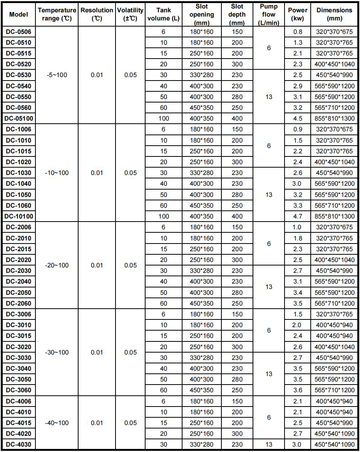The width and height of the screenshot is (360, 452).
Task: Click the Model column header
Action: (x=19, y=15)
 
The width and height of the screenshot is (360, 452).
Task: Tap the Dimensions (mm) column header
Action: (x=334, y=15)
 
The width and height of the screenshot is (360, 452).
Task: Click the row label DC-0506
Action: (x=19, y=32)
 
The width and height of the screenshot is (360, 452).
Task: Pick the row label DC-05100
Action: (x=19, y=118)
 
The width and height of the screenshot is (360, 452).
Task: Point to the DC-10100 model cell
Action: (x=19, y=216)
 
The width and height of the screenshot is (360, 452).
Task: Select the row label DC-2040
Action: (x=19, y=282)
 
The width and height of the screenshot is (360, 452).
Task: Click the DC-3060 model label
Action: (x=19, y=390)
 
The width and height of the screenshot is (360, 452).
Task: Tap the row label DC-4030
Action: (x=19, y=445)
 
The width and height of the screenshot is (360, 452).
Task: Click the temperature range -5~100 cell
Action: (x=57, y=75)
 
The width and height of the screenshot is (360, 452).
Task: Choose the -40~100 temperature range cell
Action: (x=57, y=423)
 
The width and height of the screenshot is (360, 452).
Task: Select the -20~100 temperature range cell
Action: (x=57, y=265)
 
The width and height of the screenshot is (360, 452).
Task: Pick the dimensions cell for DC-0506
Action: (x=334, y=32)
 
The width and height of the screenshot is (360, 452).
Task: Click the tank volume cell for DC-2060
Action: (x=163, y=303)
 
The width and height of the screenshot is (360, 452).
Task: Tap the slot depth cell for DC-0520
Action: (x=237, y=64)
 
